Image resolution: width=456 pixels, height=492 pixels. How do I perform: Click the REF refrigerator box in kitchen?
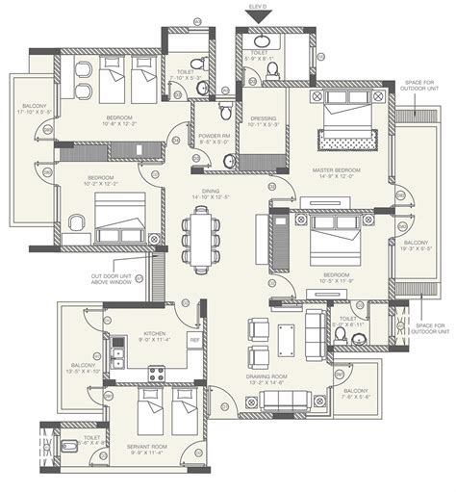tap(193, 340)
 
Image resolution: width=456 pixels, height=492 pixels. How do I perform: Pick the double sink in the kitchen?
tap(116, 358)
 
